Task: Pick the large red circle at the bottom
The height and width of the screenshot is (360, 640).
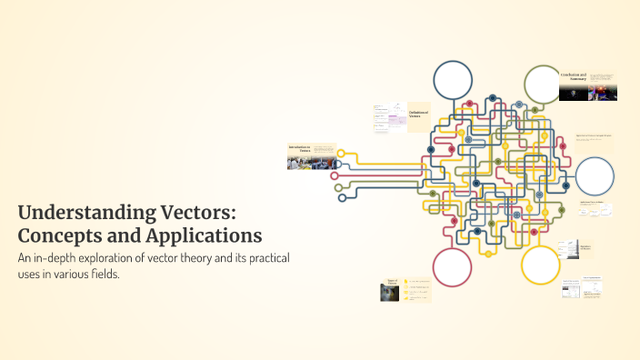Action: pyautogui.click(x=452, y=266)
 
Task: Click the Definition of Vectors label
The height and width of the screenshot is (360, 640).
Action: pyautogui.click(x=418, y=114)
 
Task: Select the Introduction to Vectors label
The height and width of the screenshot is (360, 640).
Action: pyautogui.click(x=300, y=148)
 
